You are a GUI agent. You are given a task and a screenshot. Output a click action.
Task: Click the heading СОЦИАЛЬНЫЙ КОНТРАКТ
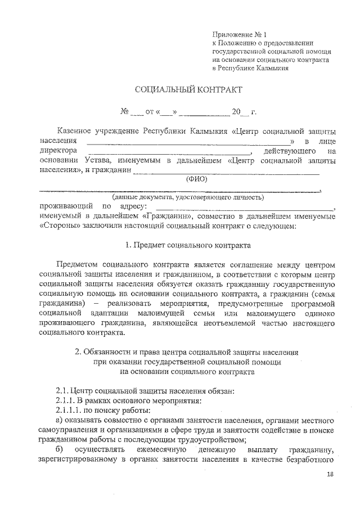coord(188,89)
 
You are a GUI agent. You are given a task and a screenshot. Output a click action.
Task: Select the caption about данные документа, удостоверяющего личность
coord(187,197)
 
